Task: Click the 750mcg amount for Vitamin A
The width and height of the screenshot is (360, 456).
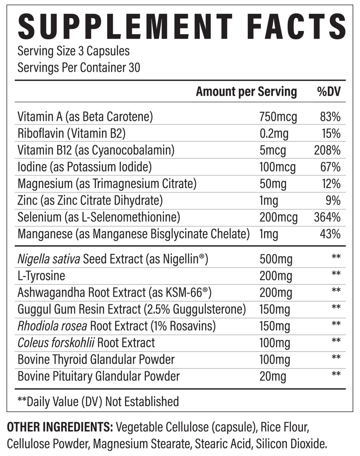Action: click(x=278, y=117)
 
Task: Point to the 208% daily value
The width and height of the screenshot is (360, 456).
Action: click(x=327, y=151)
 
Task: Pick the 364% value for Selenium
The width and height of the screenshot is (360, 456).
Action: click(x=327, y=218)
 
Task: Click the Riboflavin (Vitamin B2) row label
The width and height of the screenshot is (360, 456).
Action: click(x=72, y=134)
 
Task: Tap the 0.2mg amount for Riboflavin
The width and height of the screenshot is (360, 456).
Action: click(x=274, y=134)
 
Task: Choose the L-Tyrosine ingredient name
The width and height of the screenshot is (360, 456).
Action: click(x=41, y=276)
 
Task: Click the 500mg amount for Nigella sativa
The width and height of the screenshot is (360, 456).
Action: click(x=276, y=259)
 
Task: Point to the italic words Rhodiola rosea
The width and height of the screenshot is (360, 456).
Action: click(x=52, y=326)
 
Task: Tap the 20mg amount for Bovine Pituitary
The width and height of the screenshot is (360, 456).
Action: click(x=273, y=376)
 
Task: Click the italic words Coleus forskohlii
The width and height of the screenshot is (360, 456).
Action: click(x=56, y=343)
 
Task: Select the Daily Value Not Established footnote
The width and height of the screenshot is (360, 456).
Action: click(x=98, y=401)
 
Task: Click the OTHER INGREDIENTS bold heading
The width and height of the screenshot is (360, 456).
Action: click(x=60, y=427)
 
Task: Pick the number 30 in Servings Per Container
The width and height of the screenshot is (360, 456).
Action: click(x=135, y=68)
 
